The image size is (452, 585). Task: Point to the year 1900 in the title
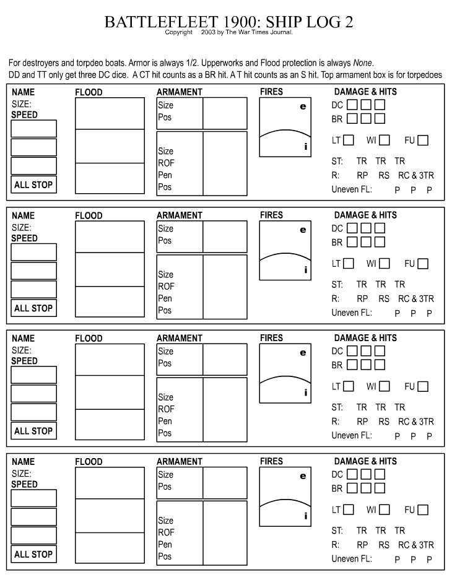coord(238,22)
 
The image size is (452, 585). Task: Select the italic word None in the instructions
coord(363,63)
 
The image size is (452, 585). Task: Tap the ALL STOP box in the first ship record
coord(33,184)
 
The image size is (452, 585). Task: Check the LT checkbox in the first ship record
coord(349,141)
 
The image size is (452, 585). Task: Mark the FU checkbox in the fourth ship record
coord(423,510)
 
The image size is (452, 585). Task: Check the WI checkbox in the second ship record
coord(385,264)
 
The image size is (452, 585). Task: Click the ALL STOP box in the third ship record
coord(33,431)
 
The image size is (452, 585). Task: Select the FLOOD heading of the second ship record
coord(89,216)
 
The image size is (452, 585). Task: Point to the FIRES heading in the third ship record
coord(271,339)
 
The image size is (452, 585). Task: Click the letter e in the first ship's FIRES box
coord(303,106)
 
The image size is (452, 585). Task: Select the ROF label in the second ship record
coord(166,287)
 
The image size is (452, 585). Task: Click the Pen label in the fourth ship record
coord(165,545)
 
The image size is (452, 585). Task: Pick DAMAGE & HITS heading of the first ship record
coord(365,92)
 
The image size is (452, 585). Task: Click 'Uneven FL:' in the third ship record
coord(352,436)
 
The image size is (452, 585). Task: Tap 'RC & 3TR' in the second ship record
coord(416,299)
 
